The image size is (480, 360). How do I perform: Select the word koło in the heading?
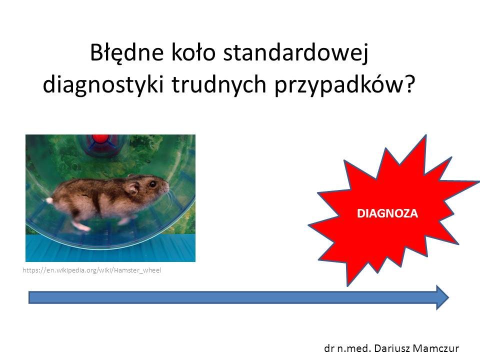(193, 52)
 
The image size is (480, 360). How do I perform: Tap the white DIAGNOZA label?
(387, 213)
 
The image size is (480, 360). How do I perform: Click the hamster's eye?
(152, 184)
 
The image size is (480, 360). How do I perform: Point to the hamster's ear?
(133, 187)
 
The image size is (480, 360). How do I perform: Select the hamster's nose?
(167, 185)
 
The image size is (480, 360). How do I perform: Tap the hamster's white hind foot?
(81, 226)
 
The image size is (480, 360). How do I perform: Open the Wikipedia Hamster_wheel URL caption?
(92, 270)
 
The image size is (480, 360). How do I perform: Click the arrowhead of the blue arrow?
(442, 297)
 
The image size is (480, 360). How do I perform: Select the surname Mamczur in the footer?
(435, 348)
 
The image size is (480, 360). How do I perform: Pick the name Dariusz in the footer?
(392, 348)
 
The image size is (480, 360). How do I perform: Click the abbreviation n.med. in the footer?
(354, 348)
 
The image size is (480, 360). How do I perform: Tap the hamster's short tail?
(49, 201)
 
